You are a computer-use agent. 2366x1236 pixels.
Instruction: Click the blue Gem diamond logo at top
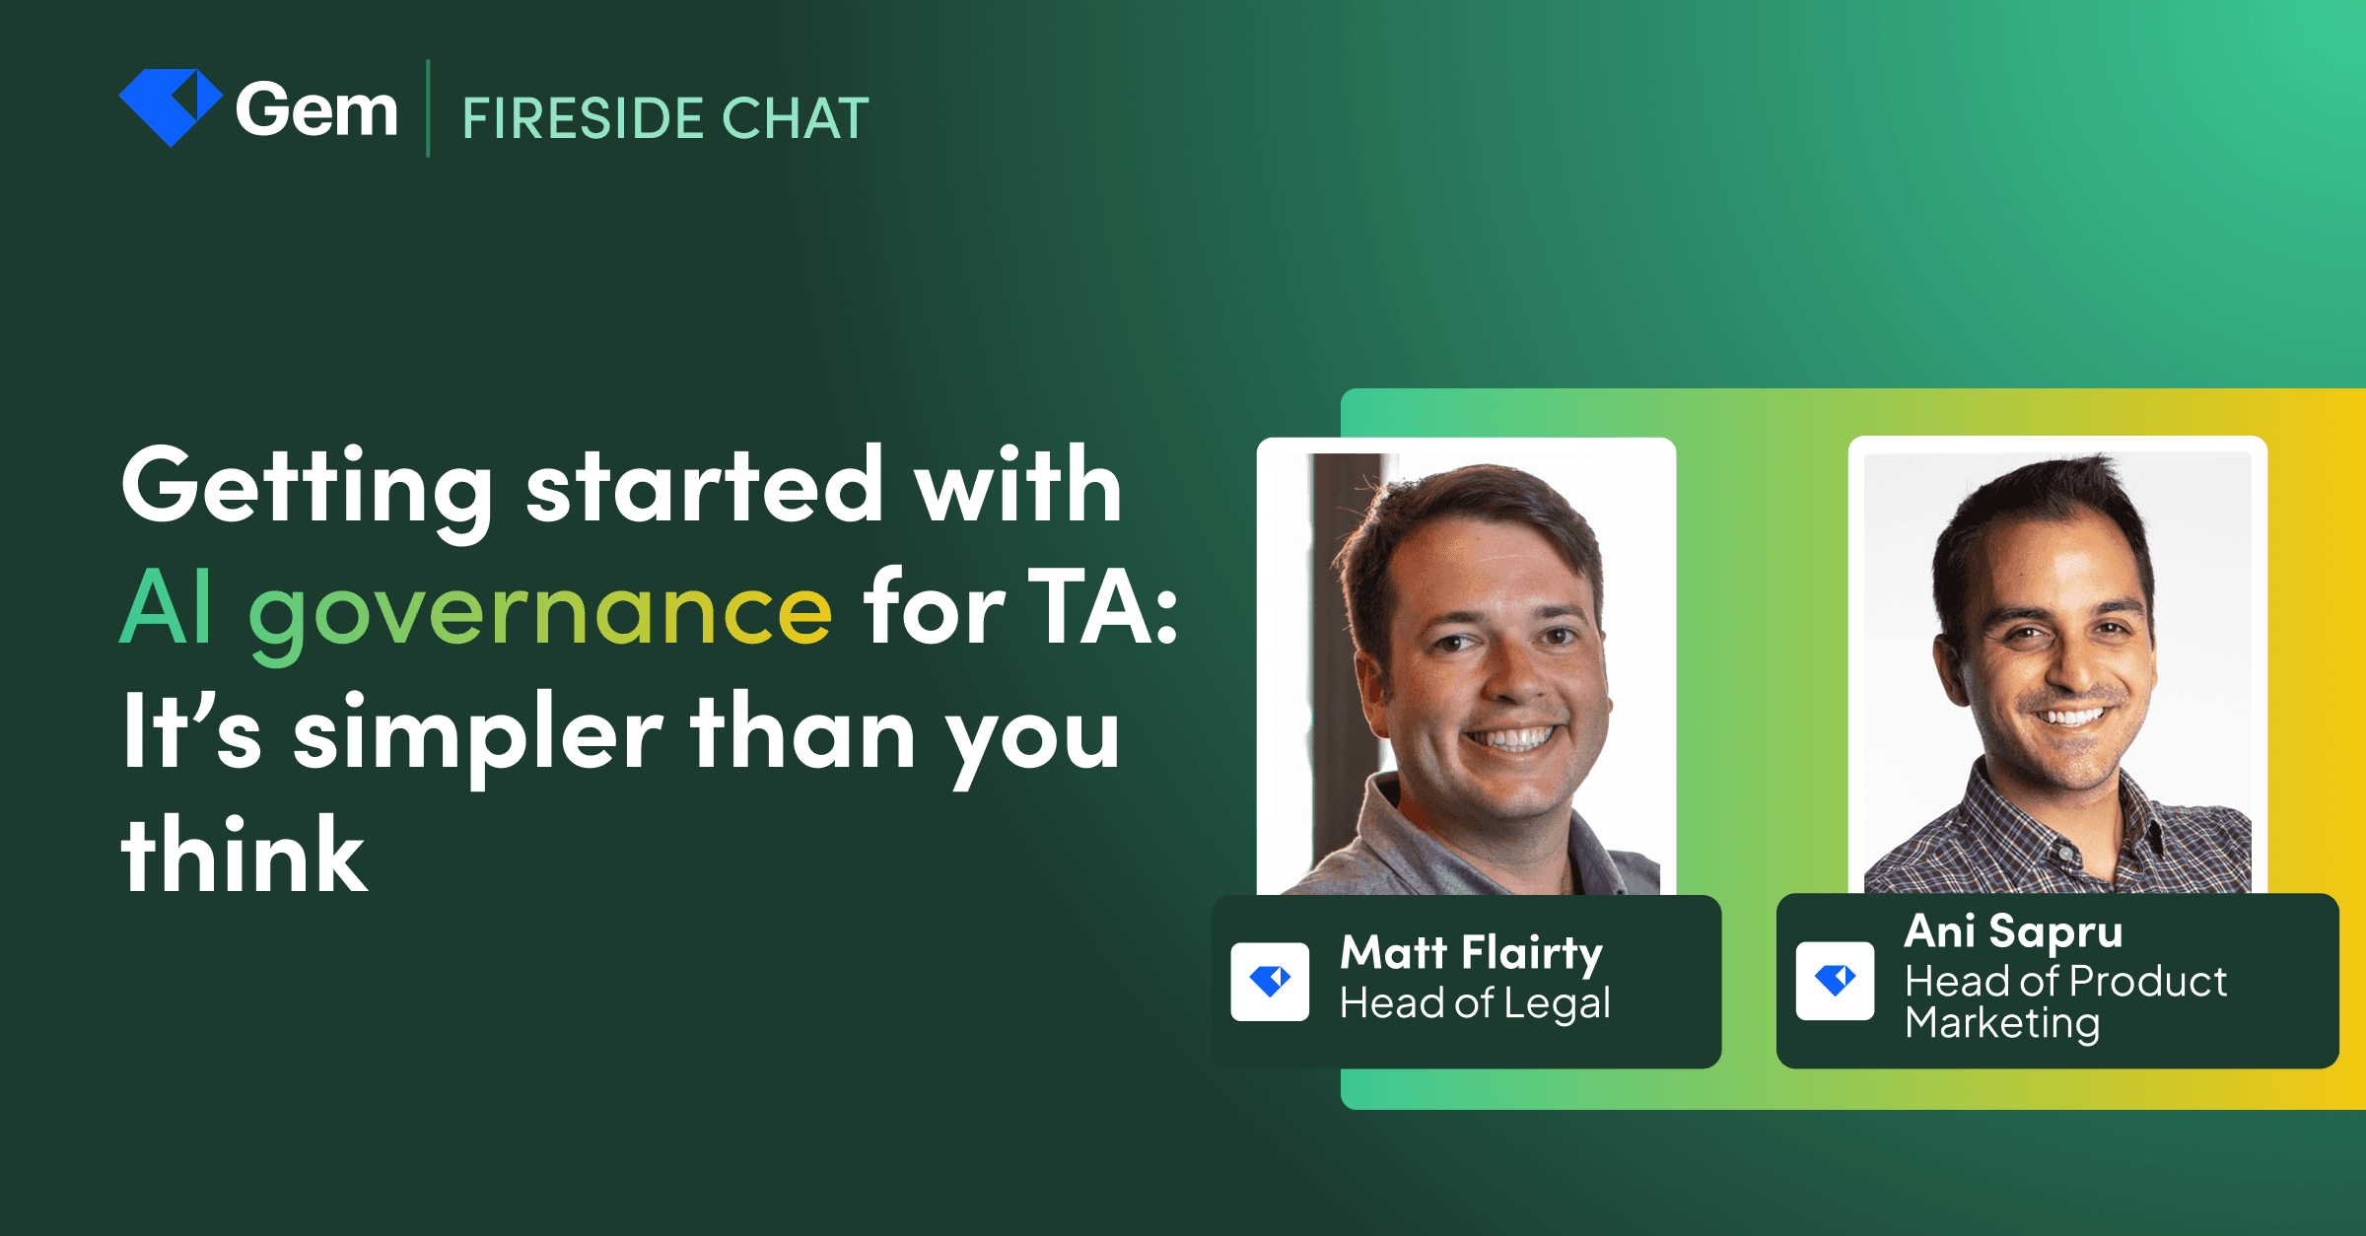(x=170, y=106)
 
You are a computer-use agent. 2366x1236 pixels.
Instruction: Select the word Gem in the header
(x=316, y=110)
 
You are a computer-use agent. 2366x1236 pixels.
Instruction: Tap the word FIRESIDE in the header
(x=583, y=119)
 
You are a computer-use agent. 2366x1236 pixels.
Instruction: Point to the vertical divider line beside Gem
(x=428, y=108)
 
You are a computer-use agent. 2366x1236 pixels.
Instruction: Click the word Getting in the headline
(x=307, y=488)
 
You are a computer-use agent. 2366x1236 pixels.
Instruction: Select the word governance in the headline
(x=540, y=611)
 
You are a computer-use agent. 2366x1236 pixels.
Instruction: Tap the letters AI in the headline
(x=166, y=609)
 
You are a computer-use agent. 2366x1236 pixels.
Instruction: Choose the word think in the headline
(x=244, y=856)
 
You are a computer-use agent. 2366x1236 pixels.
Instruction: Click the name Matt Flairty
(x=1471, y=953)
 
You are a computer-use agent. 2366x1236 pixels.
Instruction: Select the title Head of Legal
(x=1475, y=1003)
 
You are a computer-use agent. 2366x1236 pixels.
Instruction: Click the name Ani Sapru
(x=2013, y=931)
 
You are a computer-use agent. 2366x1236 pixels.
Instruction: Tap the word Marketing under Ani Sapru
(x=2002, y=1023)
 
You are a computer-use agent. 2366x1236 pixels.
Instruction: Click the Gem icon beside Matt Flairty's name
(x=1270, y=981)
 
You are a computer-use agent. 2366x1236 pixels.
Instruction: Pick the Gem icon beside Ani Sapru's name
(x=1835, y=980)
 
